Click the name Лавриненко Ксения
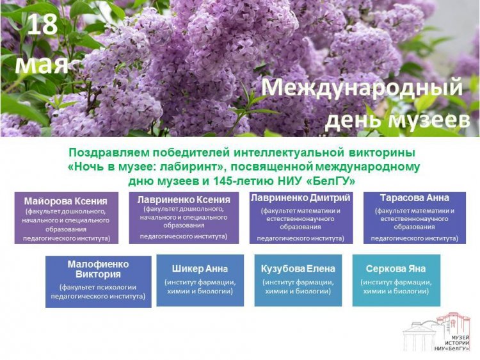pyautogui.click(x=184, y=199)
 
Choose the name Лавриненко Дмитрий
pyautogui.click(x=301, y=197)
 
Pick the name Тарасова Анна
pyautogui.click(x=415, y=197)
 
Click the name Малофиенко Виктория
pyautogui.click(x=98, y=269)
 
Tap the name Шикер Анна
pyautogui.click(x=200, y=269)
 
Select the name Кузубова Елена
pyautogui.click(x=298, y=269)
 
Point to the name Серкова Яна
pyautogui.click(x=396, y=269)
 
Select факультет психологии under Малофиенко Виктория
pyautogui.click(x=98, y=287)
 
